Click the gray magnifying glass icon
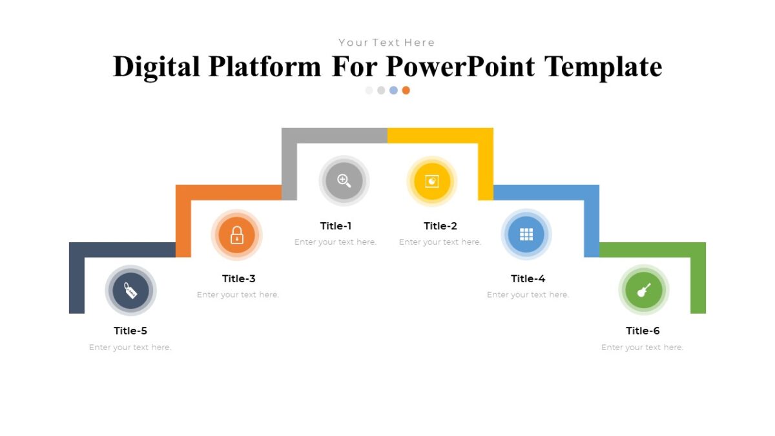point(344,181)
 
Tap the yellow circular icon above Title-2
point(432,182)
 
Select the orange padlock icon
point(237,235)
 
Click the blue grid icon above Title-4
point(526,234)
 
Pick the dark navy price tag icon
point(130,291)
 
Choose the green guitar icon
point(643,290)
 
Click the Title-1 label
point(336,226)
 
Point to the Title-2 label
point(440,226)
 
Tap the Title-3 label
point(239,279)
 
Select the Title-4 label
point(528,279)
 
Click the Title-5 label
point(130,331)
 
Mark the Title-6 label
point(643,331)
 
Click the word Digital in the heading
point(156,67)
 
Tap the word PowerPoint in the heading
point(461,67)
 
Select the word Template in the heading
point(603,67)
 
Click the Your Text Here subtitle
point(387,43)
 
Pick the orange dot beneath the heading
point(406,90)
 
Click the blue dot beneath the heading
point(393,90)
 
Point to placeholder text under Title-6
point(642,348)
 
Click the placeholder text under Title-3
point(238,295)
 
